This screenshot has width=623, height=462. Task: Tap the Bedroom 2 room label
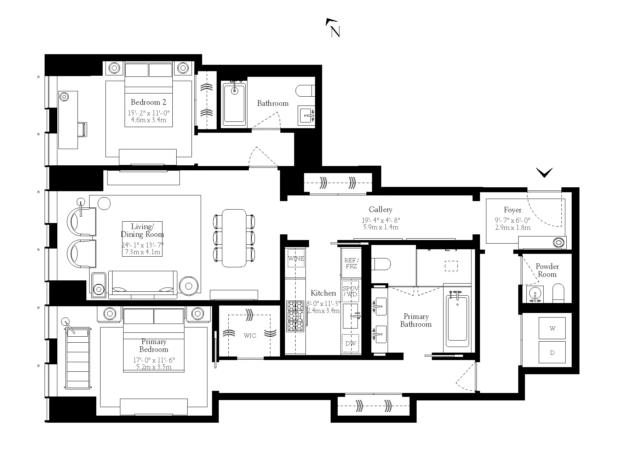click(148, 102)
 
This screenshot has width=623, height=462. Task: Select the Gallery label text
click(381, 210)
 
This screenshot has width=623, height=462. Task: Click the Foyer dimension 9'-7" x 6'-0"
click(513, 220)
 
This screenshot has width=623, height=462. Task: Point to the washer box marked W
click(552, 328)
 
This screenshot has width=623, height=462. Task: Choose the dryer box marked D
click(552, 352)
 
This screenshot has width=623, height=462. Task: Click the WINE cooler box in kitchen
click(296, 258)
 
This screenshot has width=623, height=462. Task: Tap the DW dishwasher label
click(350, 343)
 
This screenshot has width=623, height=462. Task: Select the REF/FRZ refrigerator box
click(351, 263)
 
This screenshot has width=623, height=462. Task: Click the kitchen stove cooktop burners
click(295, 316)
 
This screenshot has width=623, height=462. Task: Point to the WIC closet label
click(250, 335)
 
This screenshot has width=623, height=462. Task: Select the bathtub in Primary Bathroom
click(457, 320)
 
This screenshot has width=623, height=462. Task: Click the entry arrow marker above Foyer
click(544, 173)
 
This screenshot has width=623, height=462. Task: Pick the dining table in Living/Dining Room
click(234, 238)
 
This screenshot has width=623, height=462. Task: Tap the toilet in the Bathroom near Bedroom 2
click(305, 91)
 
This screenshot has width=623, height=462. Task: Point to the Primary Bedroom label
click(154, 346)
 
